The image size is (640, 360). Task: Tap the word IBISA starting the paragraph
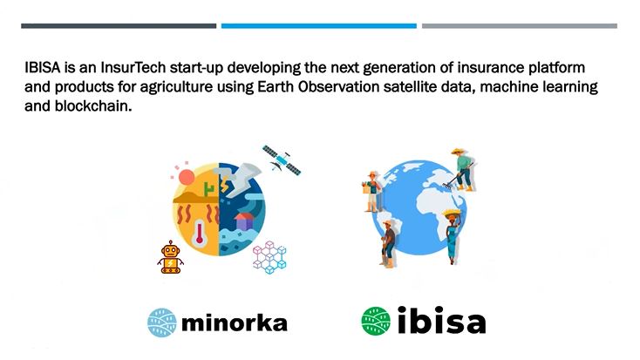point(43,67)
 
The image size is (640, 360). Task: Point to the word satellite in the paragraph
point(409,86)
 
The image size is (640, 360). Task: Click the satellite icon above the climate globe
point(282,160)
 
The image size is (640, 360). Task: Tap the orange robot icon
point(170,257)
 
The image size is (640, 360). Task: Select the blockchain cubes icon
point(269,257)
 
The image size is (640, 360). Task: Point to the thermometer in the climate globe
point(199,234)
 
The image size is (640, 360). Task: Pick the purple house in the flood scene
point(244,221)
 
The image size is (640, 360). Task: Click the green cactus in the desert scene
point(209,188)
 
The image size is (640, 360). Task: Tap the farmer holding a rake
point(461,170)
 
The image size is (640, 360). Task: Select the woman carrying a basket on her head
point(452,236)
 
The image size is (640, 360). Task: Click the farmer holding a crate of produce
point(372,192)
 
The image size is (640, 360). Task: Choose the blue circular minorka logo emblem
point(162,323)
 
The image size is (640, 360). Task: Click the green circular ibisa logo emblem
point(376,322)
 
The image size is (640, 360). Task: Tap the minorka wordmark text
point(235,323)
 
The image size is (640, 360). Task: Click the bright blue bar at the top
point(319,26)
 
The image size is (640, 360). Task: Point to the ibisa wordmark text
point(441,320)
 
